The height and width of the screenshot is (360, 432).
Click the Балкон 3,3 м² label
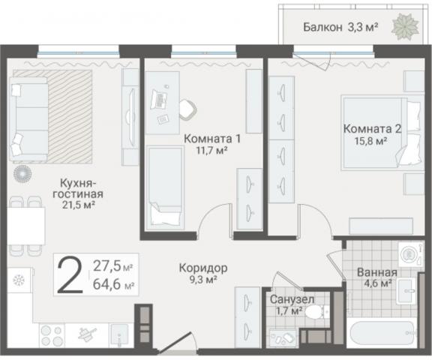point(340,28)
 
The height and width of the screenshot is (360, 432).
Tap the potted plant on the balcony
point(408,26)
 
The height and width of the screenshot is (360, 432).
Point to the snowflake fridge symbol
point(18,280)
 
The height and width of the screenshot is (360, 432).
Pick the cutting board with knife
point(87,332)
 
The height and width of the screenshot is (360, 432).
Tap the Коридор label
point(202,268)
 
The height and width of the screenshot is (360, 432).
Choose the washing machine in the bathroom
point(409,256)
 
